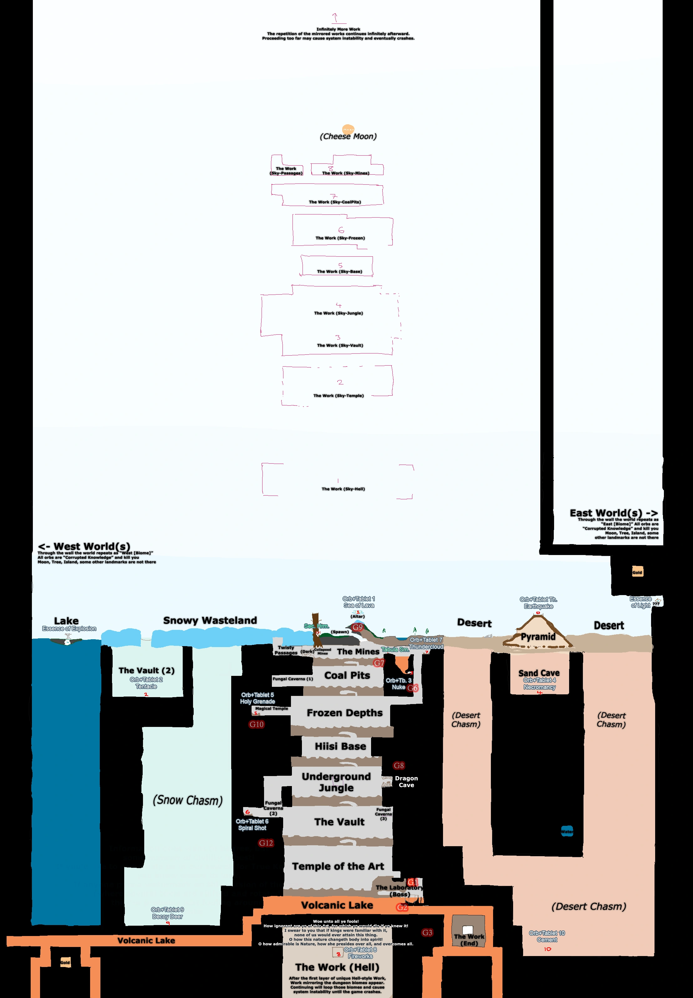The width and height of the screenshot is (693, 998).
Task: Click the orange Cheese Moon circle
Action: tap(348, 129)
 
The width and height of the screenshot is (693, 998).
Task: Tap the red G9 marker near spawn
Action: tap(357, 627)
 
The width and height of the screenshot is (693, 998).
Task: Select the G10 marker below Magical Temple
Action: tap(256, 724)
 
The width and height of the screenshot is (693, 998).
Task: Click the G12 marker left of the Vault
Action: tap(266, 843)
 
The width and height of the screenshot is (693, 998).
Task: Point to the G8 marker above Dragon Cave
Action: tap(399, 765)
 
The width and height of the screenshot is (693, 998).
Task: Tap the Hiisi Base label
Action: tap(340, 746)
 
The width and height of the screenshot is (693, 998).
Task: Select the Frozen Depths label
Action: tap(345, 713)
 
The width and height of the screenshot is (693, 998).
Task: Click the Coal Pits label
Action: tap(347, 675)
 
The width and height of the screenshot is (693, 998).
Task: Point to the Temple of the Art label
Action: tap(338, 866)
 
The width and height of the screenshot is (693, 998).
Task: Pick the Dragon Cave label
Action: tap(406, 782)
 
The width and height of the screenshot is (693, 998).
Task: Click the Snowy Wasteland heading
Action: tap(210, 620)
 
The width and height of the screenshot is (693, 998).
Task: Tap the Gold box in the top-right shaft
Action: tap(637, 572)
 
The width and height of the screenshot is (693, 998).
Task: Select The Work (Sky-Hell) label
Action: tap(343, 489)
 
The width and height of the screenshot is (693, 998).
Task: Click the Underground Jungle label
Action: tap(337, 782)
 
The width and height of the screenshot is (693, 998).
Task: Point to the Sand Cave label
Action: tap(539, 673)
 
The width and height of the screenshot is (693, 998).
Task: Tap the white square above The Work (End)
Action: tap(468, 930)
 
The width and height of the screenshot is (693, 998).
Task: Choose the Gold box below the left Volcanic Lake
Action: tap(65, 962)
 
